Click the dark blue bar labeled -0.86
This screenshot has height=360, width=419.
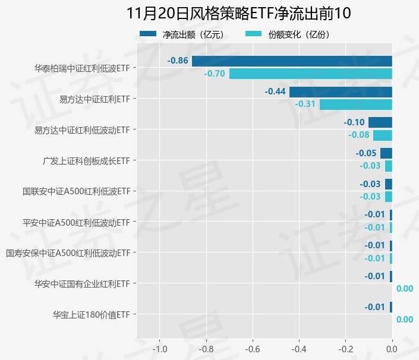[x=292, y=61]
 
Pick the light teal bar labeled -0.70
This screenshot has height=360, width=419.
[x=311, y=74]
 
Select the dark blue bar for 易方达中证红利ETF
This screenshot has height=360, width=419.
[x=341, y=91]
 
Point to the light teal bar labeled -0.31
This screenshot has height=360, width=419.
[x=356, y=104]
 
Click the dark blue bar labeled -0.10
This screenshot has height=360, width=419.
[x=380, y=122]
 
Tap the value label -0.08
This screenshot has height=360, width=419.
[x=358, y=135]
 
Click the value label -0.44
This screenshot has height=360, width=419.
[x=275, y=91]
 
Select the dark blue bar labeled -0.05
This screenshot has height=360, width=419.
[x=386, y=153]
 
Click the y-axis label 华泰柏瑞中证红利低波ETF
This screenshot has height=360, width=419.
[x=82, y=68]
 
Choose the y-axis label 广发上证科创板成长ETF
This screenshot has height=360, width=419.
[x=86, y=160]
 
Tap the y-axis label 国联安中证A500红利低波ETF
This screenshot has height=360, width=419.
[x=76, y=191]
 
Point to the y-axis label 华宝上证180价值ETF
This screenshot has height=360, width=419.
[x=91, y=314]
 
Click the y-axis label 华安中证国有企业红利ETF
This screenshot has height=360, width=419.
[x=82, y=284]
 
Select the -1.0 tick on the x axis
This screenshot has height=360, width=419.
[x=159, y=348]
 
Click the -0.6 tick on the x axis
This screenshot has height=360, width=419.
[x=253, y=348]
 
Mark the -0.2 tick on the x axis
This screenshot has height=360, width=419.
[x=345, y=348]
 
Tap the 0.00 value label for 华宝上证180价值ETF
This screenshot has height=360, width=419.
[x=404, y=320]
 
